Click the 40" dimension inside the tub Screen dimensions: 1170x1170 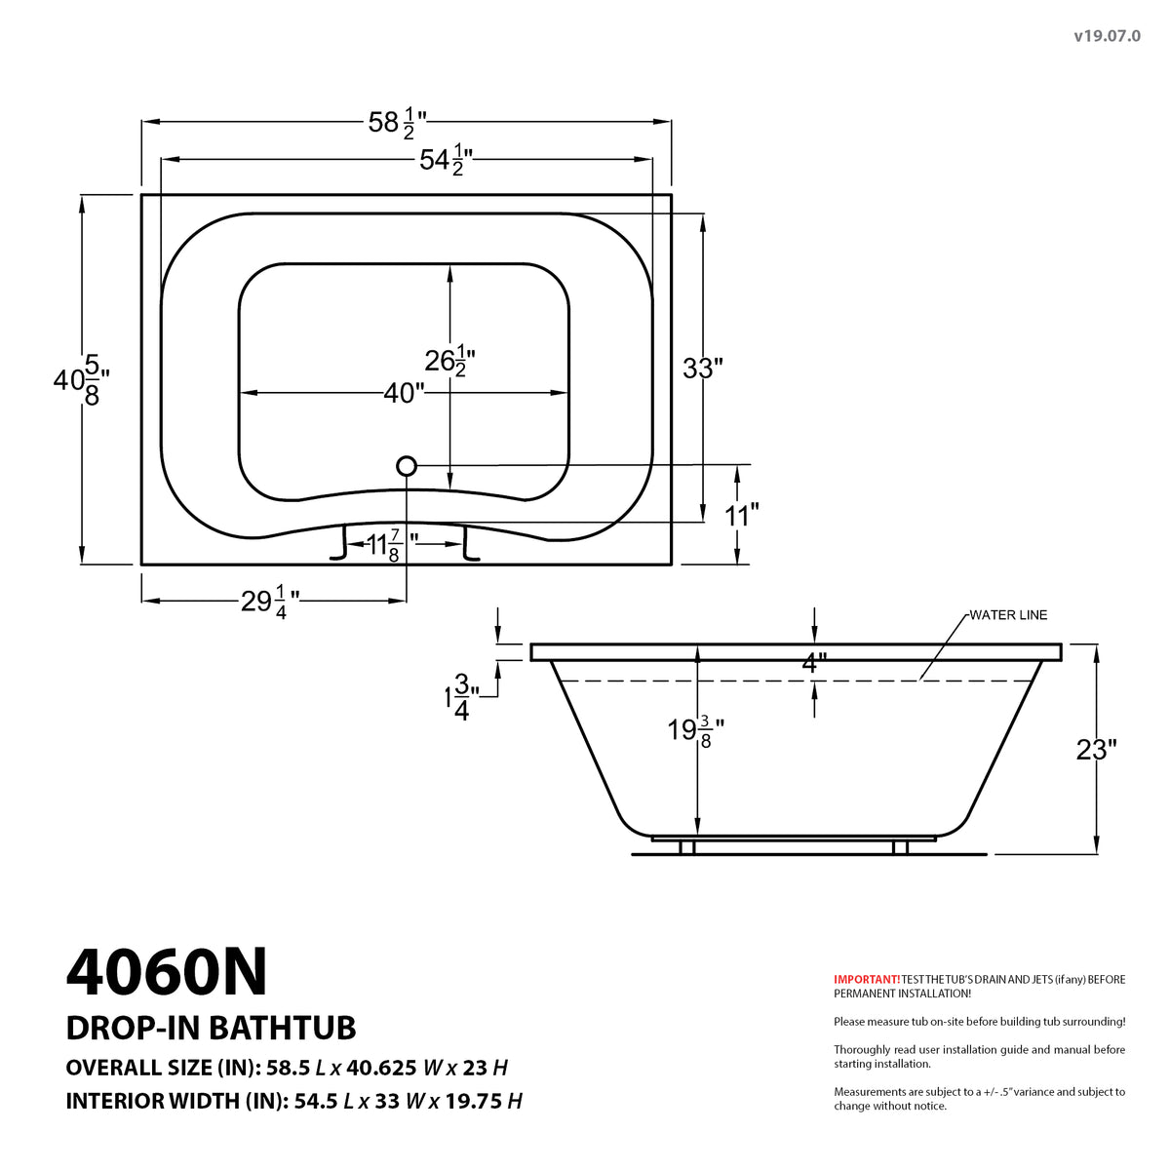(x=404, y=393)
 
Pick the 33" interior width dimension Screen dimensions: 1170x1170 (x=702, y=369)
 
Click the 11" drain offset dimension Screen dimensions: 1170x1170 (x=742, y=515)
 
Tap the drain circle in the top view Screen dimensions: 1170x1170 (x=407, y=466)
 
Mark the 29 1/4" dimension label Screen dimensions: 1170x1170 (x=264, y=602)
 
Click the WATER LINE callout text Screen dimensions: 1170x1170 (x=1008, y=615)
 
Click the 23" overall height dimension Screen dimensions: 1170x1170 (x=1095, y=750)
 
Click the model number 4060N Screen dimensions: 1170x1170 (x=167, y=972)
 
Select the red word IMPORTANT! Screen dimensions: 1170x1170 (x=866, y=979)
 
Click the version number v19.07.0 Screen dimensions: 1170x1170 (x=1107, y=35)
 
